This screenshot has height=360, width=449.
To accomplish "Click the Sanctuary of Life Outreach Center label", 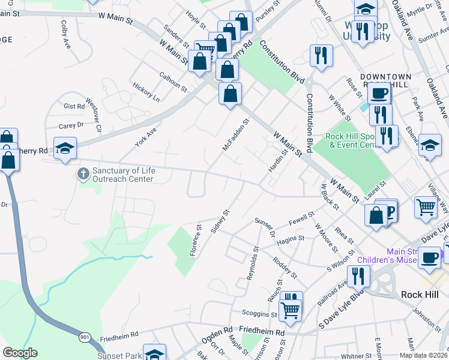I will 124,175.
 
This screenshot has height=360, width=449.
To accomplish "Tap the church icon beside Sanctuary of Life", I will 83,175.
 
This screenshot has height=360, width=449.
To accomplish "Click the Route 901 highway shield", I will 84,338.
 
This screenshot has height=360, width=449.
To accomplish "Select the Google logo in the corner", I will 20,353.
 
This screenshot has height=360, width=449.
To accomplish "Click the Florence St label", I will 196,240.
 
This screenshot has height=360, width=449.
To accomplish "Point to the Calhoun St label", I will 173,82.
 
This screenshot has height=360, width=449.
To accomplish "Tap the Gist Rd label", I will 74,106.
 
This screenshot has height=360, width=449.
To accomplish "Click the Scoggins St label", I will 259,314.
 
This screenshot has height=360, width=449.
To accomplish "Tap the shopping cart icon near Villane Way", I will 426,207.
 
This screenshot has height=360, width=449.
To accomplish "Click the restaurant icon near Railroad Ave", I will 358,275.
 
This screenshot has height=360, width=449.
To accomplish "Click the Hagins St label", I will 291,240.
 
